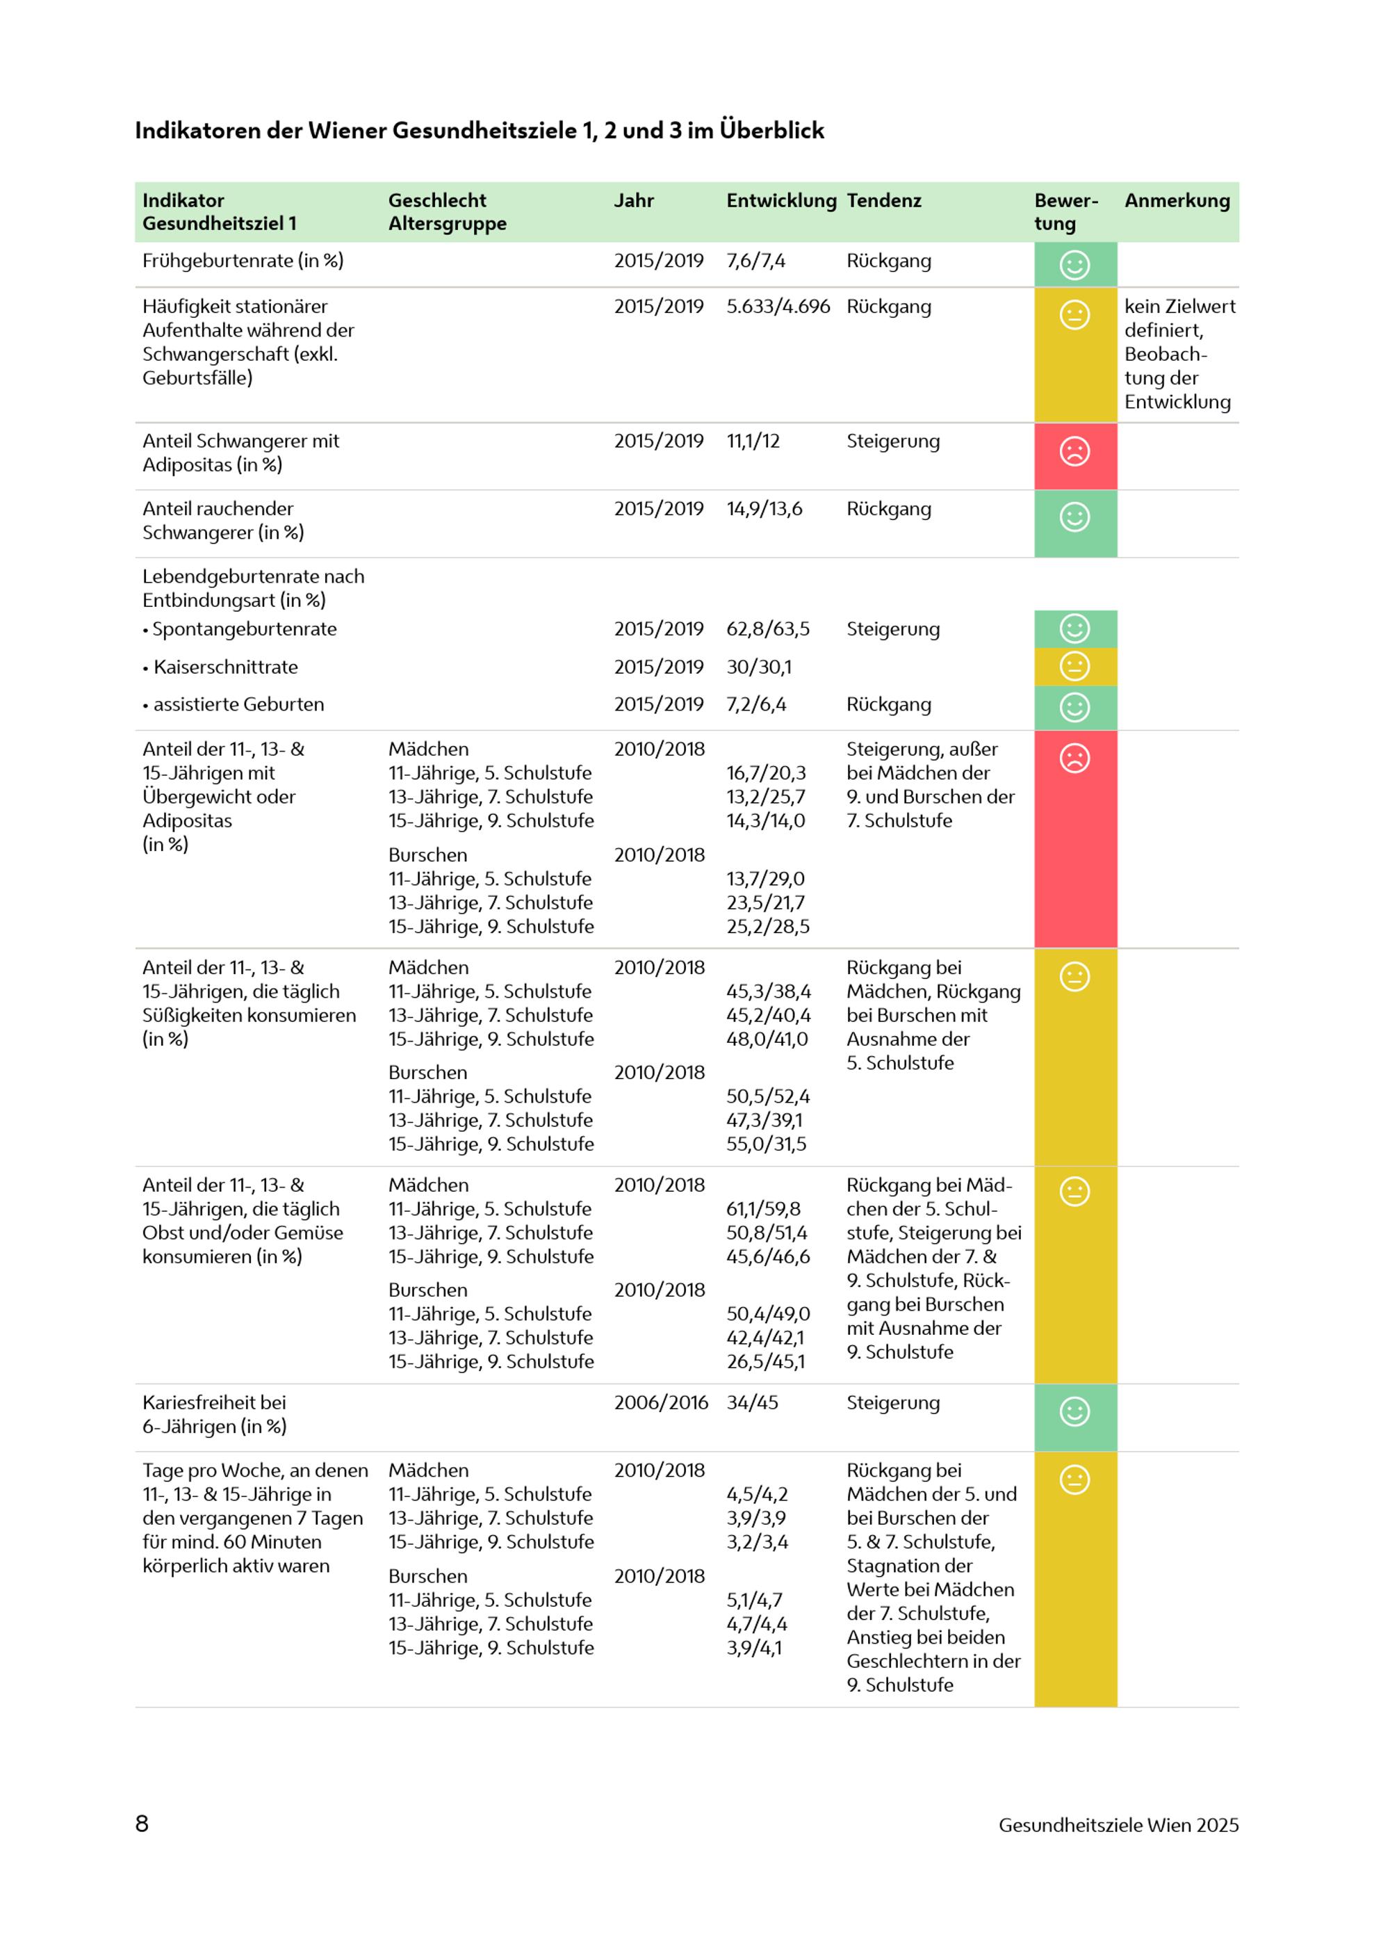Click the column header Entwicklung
point(780,200)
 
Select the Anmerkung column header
point(1177,200)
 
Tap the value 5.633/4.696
point(778,307)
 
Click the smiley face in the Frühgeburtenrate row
point(1074,265)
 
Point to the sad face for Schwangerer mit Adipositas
point(1074,451)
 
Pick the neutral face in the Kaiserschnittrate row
point(1074,665)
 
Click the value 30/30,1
point(759,667)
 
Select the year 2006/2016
point(661,1402)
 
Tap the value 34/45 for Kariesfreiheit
point(753,1402)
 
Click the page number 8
point(142,1824)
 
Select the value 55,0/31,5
point(766,1144)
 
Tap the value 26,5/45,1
point(766,1361)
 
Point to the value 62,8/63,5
point(768,629)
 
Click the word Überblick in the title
point(771,130)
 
